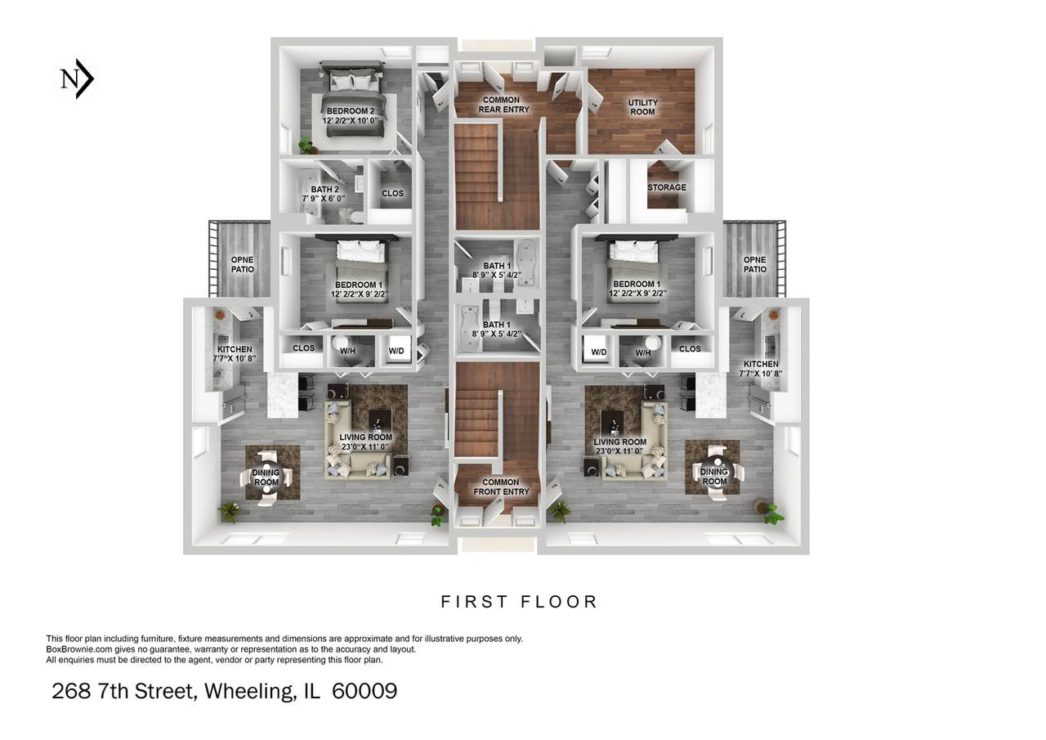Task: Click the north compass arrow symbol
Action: point(75,78)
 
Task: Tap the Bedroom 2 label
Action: point(351,115)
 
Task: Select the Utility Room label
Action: point(642,107)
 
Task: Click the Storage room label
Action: point(667,187)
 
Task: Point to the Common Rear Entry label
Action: point(503,105)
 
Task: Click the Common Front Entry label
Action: point(501,487)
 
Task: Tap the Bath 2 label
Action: point(324,194)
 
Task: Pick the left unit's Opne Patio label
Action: point(243,264)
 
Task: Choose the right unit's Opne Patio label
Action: point(754,264)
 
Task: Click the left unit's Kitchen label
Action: point(235,354)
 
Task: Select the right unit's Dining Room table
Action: point(714,473)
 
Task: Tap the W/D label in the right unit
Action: point(599,352)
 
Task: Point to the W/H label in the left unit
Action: point(348,351)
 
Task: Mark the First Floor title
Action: point(519,602)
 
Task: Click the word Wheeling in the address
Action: point(249,691)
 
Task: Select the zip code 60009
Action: point(364,691)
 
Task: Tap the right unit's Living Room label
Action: point(619,446)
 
